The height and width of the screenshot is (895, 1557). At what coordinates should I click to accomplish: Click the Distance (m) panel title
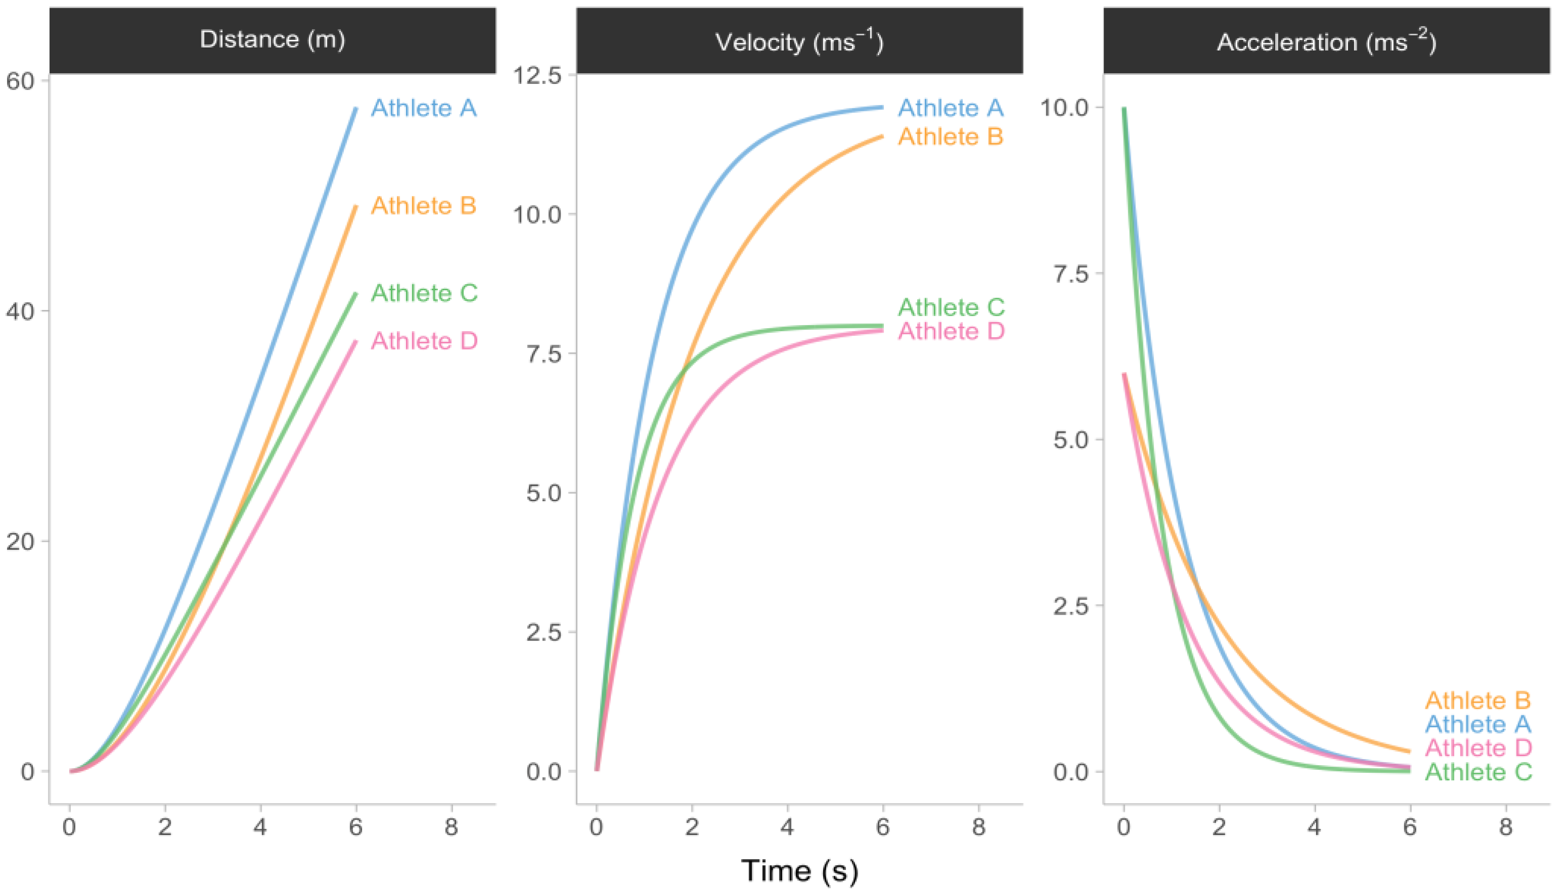point(272,40)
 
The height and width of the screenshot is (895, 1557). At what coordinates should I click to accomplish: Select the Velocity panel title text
point(799,42)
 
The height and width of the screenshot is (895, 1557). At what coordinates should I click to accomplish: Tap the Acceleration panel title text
point(1326,42)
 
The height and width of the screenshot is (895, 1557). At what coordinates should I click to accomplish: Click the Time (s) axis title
point(799,870)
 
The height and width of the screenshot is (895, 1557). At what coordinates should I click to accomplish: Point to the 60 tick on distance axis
point(20,81)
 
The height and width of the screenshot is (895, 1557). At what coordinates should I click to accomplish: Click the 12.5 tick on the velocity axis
point(537,76)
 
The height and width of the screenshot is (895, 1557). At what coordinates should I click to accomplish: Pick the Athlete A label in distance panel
point(424,108)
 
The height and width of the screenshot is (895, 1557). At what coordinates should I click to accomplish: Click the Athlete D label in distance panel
point(424,341)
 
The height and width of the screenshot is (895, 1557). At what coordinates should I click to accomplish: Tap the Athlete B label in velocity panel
point(950,136)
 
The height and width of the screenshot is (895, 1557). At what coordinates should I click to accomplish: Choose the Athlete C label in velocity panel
point(950,307)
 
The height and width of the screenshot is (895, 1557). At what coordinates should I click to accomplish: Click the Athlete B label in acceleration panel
point(1478,700)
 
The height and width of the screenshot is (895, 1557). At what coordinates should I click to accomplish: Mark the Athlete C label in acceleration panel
point(1478,772)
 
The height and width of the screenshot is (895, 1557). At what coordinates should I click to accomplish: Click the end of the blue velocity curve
point(882,108)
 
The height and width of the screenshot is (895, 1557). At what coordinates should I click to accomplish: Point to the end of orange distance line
point(356,207)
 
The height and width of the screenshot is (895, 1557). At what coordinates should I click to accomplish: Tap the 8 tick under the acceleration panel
point(1505,827)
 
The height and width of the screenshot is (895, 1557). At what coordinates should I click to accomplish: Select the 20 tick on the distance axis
point(20,542)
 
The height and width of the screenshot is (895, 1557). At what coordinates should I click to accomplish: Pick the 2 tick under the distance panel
point(165,827)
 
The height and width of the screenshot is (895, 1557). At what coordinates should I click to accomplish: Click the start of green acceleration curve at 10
point(1124,110)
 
